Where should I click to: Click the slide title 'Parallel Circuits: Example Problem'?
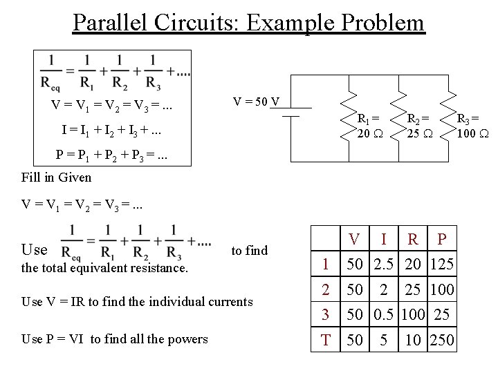coord(248,22)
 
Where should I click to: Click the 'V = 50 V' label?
coord(256,102)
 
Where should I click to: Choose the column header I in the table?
coord(384,240)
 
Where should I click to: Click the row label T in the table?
coord(324,340)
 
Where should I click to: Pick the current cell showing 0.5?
coord(384,314)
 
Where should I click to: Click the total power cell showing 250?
coord(441,340)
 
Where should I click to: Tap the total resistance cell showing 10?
coord(413,340)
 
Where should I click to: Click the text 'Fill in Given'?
coord(56,177)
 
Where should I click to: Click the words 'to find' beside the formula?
coord(249,250)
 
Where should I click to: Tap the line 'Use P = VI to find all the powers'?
coord(115,338)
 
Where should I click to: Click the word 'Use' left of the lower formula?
coord(35,249)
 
